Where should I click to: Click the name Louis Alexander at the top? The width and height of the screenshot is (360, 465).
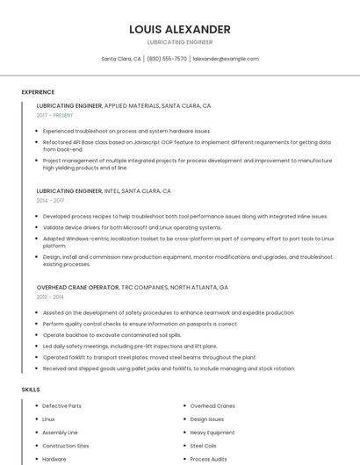(179, 29)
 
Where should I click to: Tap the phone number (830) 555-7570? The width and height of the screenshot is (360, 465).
(167, 59)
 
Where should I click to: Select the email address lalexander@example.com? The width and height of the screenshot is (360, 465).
(226, 59)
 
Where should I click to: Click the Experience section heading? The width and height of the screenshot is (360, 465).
(38, 92)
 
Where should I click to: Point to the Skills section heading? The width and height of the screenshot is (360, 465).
(31, 389)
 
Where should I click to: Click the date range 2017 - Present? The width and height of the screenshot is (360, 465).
(55, 115)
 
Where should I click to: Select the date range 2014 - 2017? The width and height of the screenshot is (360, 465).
(51, 200)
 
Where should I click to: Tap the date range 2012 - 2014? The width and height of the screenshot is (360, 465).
(51, 297)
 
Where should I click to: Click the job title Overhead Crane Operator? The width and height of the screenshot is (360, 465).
(77, 287)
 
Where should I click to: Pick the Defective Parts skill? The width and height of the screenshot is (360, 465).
(61, 406)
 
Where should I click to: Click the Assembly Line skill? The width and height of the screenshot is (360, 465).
(60, 433)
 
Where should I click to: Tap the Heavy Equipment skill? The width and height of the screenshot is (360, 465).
(212, 433)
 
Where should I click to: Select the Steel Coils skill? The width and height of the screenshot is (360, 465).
(203, 446)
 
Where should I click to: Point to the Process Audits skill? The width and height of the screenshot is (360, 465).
(208, 459)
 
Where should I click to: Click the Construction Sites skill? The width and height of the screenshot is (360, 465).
(65, 446)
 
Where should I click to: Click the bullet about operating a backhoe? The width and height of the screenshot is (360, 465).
(112, 335)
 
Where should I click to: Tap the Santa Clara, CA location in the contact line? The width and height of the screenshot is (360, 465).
(121, 59)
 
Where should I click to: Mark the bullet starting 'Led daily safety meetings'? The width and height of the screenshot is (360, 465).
(129, 347)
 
